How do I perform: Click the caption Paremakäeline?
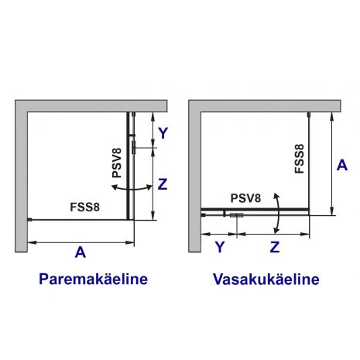click(93, 279)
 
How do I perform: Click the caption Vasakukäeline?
click(266, 279)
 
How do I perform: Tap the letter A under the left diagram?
click(81, 252)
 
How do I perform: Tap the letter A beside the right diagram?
click(342, 165)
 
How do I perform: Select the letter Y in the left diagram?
click(163, 133)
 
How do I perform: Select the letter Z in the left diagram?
click(163, 184)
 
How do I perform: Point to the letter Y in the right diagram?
click(220, 247)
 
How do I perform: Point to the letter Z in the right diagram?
click(275, 247)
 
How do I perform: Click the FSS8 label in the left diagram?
click(84, 207)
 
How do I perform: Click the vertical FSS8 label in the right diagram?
click(300, 159)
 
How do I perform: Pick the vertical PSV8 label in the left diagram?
click(117, 163)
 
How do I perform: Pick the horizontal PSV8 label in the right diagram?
click(245, 198)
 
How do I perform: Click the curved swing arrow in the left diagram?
click(132, 190)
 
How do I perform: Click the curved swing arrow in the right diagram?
click(279, 213)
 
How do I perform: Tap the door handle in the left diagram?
click(134, 147)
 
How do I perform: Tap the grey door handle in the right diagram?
click(237, 215)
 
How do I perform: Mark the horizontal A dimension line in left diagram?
click(81, 242)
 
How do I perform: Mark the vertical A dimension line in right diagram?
click(332, 163)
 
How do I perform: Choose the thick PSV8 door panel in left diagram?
click(128, 166)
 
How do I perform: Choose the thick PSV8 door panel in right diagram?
click(255, 209)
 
